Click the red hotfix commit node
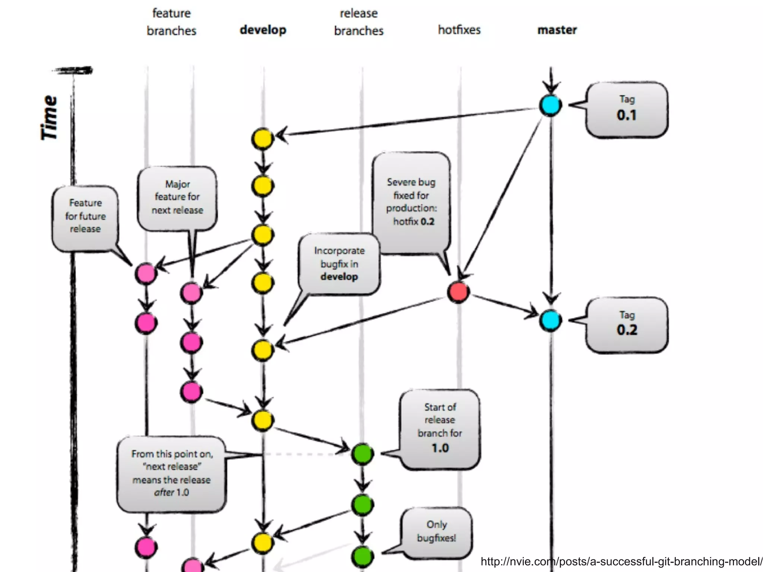(x=458, y=292)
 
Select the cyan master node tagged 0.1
(x=550, y=105)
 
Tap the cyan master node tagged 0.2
(x=550, y=320)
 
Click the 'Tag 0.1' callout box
(x=627, y=110)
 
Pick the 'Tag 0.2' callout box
(x=627, y=325)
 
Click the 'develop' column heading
(x=263, y=30)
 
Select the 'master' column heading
(x=557, y=30)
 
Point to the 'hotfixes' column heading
(x=459, y=30)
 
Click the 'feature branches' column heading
(x=171, y=22)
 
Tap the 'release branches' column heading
(x=358, y=22)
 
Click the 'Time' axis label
(x=49, y=117)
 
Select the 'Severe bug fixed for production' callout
(x=411, y=201)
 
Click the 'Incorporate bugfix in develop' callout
(x=339, y=263)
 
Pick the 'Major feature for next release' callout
(x=177, y=197)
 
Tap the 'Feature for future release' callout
(x=85, y=216)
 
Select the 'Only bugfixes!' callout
(x=436, y=531)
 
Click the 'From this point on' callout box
(x=171, y=473)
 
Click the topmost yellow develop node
(x=263, y=139)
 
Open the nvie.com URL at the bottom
(x=621, y=562)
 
